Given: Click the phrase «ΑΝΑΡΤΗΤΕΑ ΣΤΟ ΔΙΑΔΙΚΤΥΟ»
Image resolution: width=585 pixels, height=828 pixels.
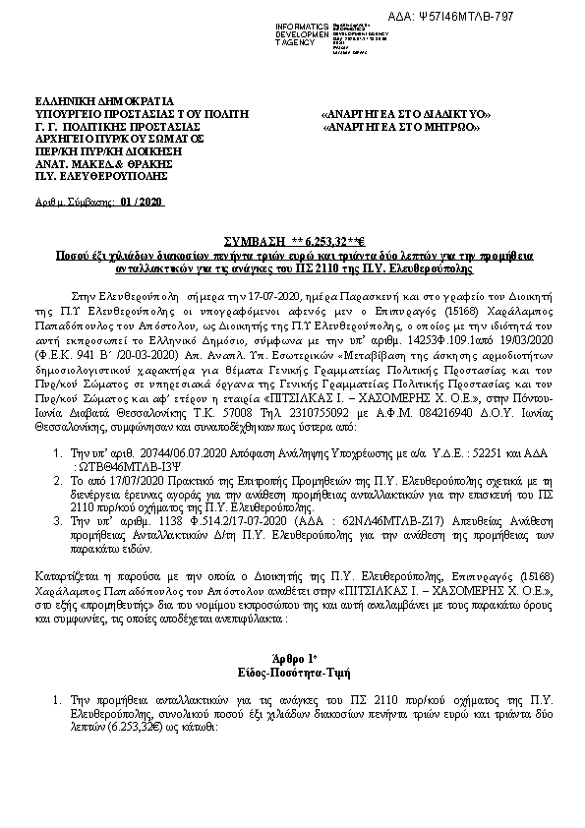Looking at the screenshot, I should point(405,113).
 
